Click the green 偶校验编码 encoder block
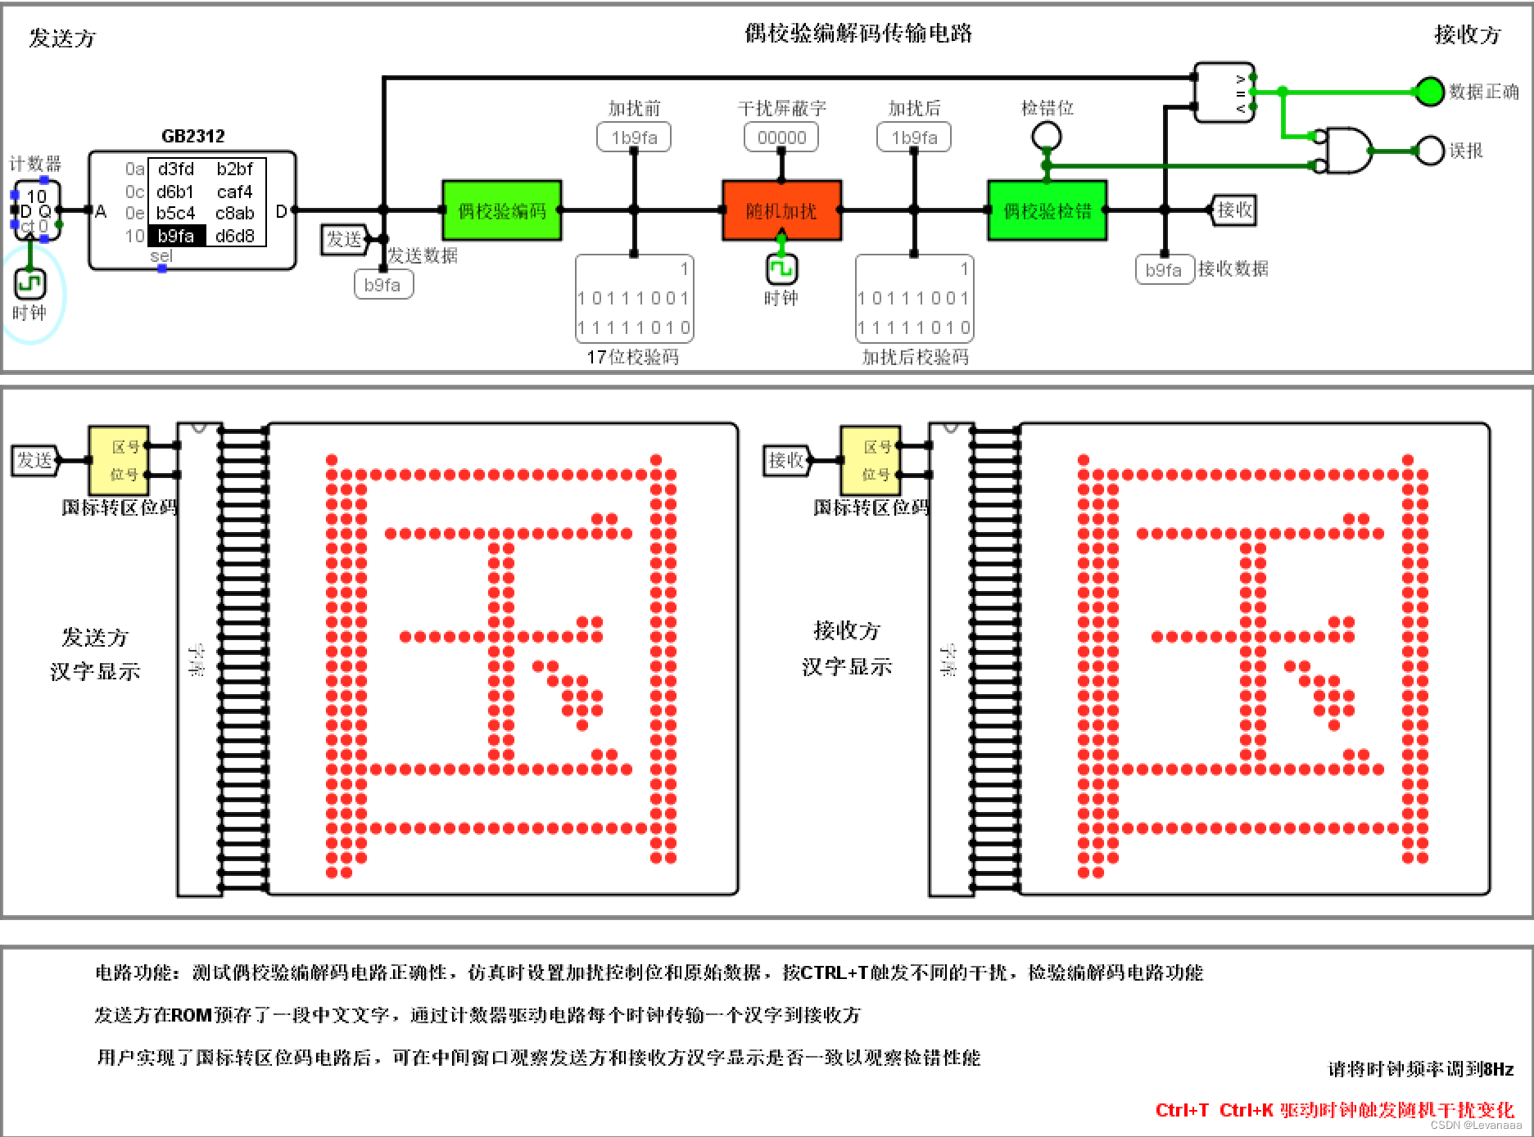(x=501, y=210)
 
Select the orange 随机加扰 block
(x=781, y=210)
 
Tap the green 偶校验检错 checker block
(x=1048, y=210)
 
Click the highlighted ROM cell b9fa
(x=176, y=237)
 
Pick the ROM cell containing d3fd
(x=176, y=169)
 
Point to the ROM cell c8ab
(x=235, y=214)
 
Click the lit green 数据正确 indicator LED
(x=1429, y=91)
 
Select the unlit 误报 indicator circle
(x=1429, y=151)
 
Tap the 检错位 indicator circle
(x=1047, y=135)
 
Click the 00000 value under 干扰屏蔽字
(x=781, y=138)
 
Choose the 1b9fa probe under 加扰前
(x=634, y=138)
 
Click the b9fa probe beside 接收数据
(x=1164, y=270)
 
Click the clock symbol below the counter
(x=30, y=284)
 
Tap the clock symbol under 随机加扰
(x=781, y=268)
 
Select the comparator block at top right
(x=1224, y=92)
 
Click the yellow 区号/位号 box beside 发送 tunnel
(x=119, y=460)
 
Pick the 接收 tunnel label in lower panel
(x=785, y=460)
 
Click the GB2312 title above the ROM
(x=192, y=136)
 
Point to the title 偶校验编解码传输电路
(x=858, y=34)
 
